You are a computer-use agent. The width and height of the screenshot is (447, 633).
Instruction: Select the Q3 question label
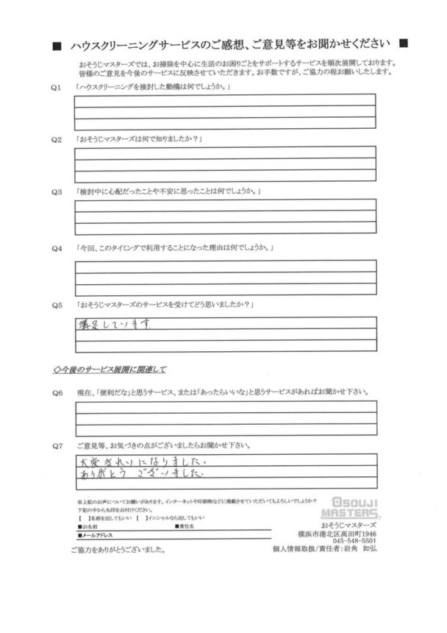[54, 193]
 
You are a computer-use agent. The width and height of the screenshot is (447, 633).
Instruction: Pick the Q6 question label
[54, 392]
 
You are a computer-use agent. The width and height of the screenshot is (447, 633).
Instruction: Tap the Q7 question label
[54, 445]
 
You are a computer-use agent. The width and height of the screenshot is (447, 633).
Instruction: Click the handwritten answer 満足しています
[117, 323]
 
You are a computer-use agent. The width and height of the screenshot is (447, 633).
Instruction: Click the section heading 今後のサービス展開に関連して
[110, 369]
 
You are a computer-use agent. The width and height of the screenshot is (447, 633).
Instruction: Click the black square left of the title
[57, 46]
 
